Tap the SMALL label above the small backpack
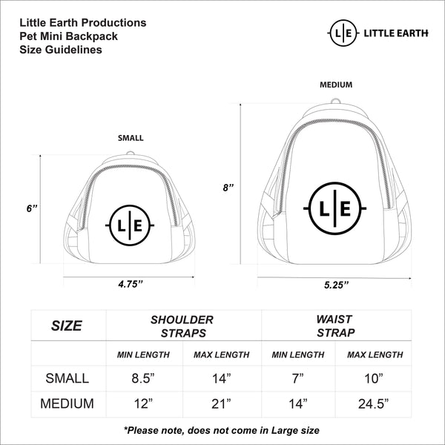pos(131,138)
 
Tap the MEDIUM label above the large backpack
pos(335,85)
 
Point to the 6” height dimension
pos(32,209)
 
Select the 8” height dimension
pos(229,188)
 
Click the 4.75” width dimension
pos(130,283)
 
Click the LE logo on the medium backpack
pos(335,209)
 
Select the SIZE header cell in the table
pos(66,326)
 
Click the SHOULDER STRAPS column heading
pos(182,326)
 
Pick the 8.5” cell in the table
pos(143,379)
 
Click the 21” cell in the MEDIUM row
pos(220,404)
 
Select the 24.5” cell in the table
pos(375,404)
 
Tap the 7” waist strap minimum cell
pos(297,379)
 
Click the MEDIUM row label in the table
pos(67,404)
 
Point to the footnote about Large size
pos(222,430)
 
